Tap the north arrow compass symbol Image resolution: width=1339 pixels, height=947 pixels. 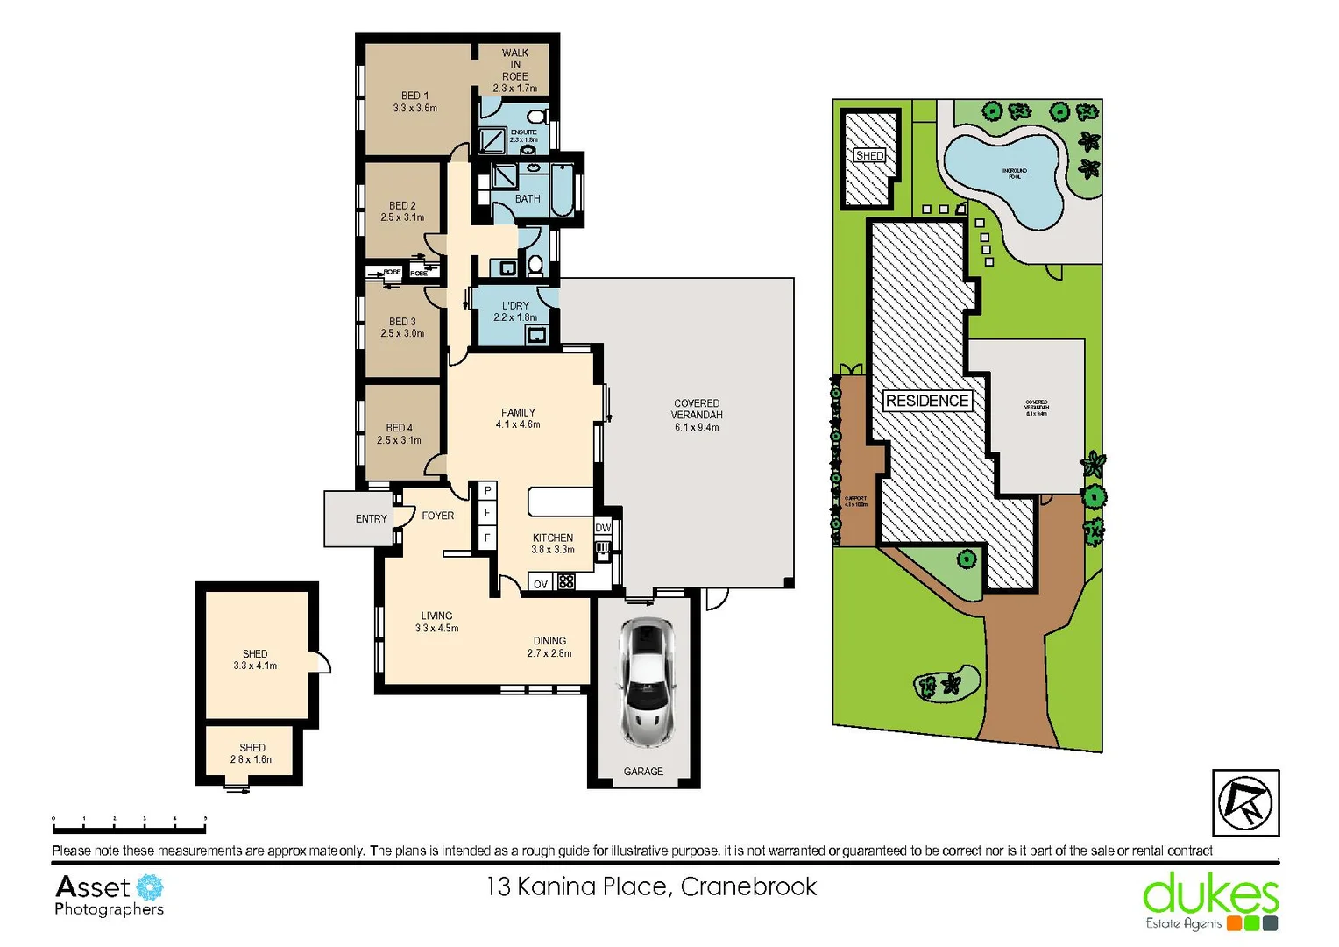coord(1245,802)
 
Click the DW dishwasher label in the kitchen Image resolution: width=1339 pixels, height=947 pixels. coord(603,528)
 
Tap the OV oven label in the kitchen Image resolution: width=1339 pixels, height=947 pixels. coord(540,584)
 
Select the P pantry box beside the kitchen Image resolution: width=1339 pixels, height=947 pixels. coord(487,491)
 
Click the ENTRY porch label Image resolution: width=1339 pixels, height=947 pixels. coord(371,519)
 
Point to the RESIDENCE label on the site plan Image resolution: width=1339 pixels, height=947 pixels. coord(926,401)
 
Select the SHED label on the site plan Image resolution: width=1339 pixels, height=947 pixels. coord(869,156)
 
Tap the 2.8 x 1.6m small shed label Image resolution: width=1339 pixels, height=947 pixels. coord(252,759)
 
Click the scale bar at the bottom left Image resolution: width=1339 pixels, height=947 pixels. coord(129,824)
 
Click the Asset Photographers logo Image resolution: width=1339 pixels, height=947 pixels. coord(109,895)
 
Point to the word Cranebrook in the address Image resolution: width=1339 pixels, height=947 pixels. coord(748,887)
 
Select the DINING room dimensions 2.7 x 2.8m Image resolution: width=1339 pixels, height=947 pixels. coord(549,653)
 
